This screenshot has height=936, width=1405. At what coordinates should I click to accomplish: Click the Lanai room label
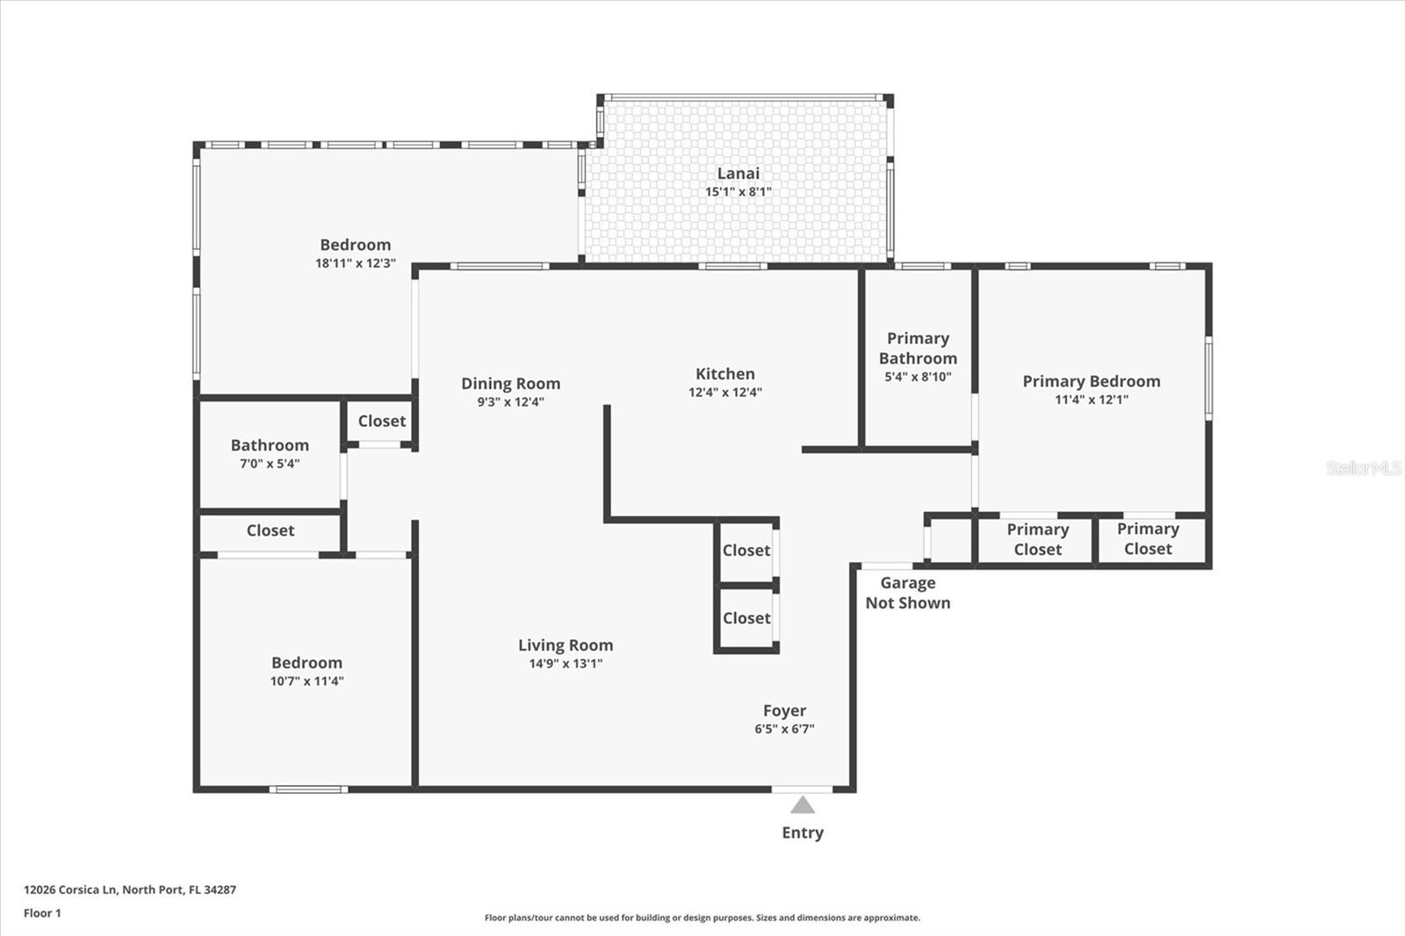pyautogui.click(x=739, y=173)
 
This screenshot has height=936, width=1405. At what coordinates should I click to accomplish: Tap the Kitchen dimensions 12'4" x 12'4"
pyautogui.click(x=725, y=392)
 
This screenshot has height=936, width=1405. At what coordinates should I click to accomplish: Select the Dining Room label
pyautogui.click(x=510, y=384)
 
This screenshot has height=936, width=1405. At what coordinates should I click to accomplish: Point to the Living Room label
pyautogui.click(x=566, y=644)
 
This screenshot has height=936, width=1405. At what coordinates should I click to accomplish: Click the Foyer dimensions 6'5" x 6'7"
pyautogui.click(x=785, y=729)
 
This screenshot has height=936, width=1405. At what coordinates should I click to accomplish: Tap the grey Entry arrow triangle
pyautogui.click(x=803, y=805)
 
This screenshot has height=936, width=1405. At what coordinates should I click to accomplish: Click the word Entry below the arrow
pyautogui.click(x=803, y=832)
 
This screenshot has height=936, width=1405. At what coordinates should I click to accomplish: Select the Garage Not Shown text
pyautogui.click(x=908, y=593)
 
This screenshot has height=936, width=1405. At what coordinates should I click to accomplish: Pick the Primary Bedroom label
pyautogui.click(x=1092, y=381)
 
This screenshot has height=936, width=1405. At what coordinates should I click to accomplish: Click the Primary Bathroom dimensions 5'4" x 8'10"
pyautogui.click(x=918, y=377)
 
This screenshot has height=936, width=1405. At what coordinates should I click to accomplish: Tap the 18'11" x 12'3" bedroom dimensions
pyautogui.click(x=356, y=263)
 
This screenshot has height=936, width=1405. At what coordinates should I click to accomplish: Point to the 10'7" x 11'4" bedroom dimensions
pyautogui.click(x=306, y=681)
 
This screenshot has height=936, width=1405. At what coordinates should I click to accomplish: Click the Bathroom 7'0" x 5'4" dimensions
pyautogui.click(x=270, y=464)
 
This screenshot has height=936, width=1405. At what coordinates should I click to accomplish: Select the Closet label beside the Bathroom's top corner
pyautogui.click(x=382, y=421)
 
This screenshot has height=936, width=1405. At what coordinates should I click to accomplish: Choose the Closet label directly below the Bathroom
pyautogui.click(x=270, y=530)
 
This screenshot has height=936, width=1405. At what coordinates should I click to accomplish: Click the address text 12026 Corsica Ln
pyautogui.click(x=70, y=889)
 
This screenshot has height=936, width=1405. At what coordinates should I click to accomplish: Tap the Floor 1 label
pyautogui.click(x=43, y=913)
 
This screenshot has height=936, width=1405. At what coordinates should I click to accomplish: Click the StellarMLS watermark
pyautogui.click(x=1364, y=467)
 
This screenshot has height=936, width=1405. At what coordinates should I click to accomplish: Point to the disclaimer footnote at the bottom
pyautogui.click(x=702, y=918)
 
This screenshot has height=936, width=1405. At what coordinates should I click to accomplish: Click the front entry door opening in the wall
pyautogui.click(x=803, y=789)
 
